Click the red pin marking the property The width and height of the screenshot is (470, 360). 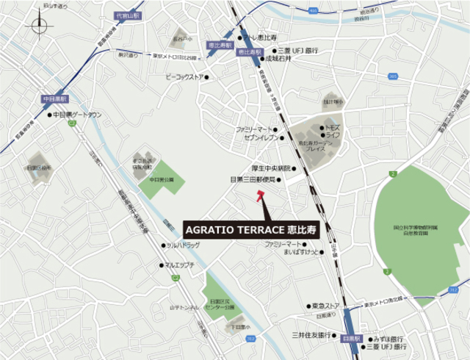[259, 196]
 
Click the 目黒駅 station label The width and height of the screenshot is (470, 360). [352, 339]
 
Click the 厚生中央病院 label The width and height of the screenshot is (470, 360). [272, 168]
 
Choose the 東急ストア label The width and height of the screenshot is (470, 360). [325, 305]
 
